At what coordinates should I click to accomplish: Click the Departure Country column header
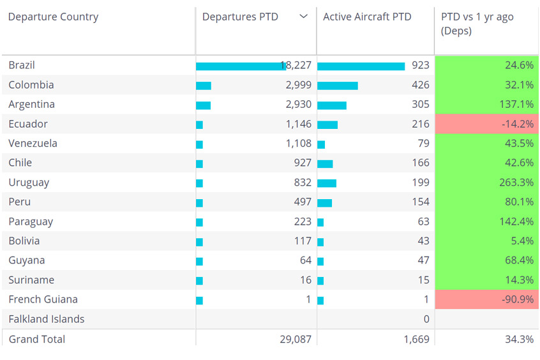(53, 17)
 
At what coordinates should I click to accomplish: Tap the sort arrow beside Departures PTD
(303, 17)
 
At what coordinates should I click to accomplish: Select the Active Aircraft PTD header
(367, 17)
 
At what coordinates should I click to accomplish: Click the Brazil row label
(22, 65)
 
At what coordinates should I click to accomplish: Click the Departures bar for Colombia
(204, 86)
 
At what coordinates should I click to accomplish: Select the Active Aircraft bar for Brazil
(361, 66)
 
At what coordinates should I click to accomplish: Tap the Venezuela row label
(33, 143)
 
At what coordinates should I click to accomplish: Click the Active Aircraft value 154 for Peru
(421, 202)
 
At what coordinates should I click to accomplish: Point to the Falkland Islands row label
(46, 319)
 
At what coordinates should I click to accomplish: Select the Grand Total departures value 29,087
(296, 340)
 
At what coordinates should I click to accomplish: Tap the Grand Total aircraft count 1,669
(416, 340)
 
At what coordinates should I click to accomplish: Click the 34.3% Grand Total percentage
(519, 340)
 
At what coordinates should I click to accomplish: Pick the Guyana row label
(27, 260)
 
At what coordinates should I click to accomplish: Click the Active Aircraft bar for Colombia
(338, 86)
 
